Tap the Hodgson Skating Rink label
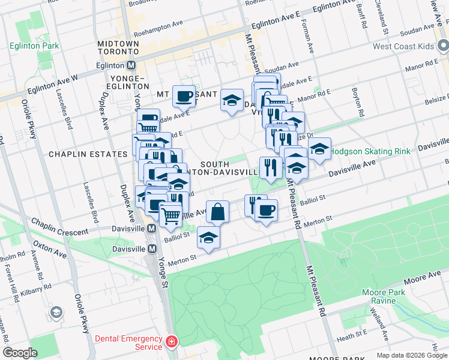pyautogui.click(x=371, y=152)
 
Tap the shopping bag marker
pyautogui.click(x=217, y=212)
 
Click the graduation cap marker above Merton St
pyautogui.click(x=208, y=238)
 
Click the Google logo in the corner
pyautogui.click(x=20, y=353)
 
